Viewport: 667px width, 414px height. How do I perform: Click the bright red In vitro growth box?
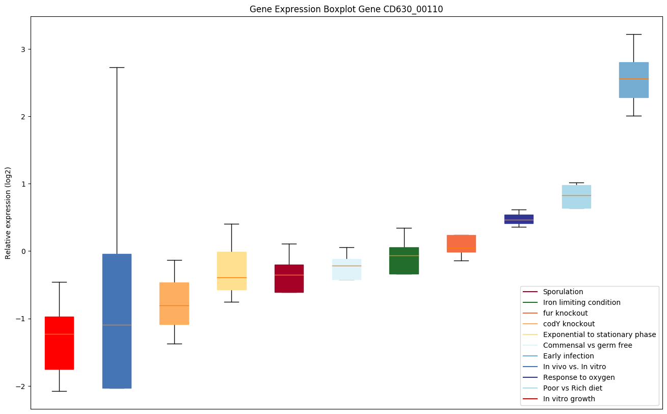59,343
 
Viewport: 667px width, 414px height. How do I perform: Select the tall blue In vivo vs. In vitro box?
117,321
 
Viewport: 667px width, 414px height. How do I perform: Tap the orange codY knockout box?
174,303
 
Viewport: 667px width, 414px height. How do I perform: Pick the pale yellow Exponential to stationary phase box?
232,271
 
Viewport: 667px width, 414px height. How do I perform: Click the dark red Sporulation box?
289,278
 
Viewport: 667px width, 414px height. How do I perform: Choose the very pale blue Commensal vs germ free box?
346,269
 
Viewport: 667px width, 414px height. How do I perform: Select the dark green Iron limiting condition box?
404,261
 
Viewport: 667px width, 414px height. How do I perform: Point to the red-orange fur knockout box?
461,243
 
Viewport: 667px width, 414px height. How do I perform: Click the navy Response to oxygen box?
519,219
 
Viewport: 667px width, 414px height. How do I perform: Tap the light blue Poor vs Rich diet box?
576,197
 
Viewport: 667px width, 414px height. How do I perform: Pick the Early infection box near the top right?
633,80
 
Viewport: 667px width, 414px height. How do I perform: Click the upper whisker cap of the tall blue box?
117,67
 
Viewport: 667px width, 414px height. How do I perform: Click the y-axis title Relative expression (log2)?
8,213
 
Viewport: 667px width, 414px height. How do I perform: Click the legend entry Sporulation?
563,292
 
